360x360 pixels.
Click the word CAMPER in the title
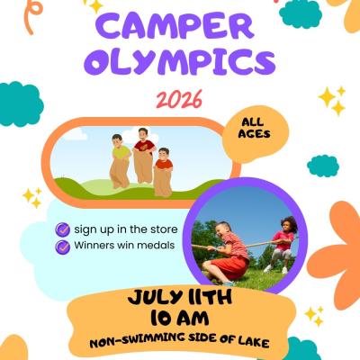(x=177, y=27)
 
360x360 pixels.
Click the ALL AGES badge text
(x=255, y=128)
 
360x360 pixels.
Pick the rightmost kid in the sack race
(x=163, y=166)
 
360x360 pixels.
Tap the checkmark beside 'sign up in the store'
(x=62, y=229)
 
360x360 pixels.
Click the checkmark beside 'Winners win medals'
(x=62, y=246)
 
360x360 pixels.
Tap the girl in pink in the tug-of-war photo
(x=283, y=241)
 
